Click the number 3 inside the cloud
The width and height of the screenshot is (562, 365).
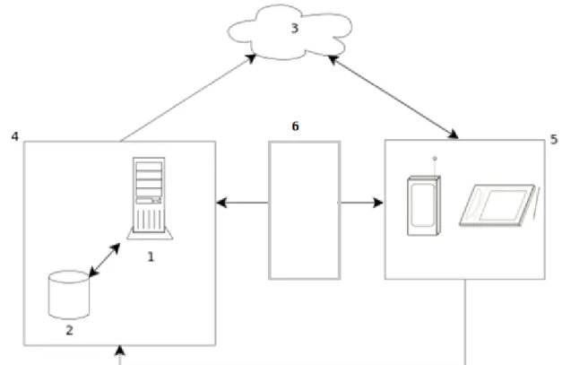[295, 29]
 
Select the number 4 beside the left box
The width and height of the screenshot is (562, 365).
[14, 136]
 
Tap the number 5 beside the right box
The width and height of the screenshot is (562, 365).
[554, 140]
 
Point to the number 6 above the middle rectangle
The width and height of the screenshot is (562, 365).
[295, 126]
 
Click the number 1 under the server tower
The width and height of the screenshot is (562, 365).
[151, 256]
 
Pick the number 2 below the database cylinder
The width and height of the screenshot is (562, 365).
[70, 330]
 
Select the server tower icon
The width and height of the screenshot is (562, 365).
[150, 198]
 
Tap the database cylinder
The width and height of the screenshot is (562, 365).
[69, 295]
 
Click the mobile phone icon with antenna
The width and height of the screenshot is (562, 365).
[424, 205]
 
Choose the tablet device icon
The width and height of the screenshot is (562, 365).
[498, 205]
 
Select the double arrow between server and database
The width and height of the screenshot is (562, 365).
[104, 260]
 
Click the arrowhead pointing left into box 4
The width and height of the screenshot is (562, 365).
[221, 203]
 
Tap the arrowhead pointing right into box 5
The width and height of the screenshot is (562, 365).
[377, 203]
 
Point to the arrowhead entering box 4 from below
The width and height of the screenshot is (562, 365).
[120, 350]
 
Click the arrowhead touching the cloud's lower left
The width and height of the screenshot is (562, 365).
[251, 58]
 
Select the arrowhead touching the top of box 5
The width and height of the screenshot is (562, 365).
[453, 135]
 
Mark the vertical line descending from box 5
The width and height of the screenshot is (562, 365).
[465, 322]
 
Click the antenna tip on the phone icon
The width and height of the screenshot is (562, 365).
[435, 158]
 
